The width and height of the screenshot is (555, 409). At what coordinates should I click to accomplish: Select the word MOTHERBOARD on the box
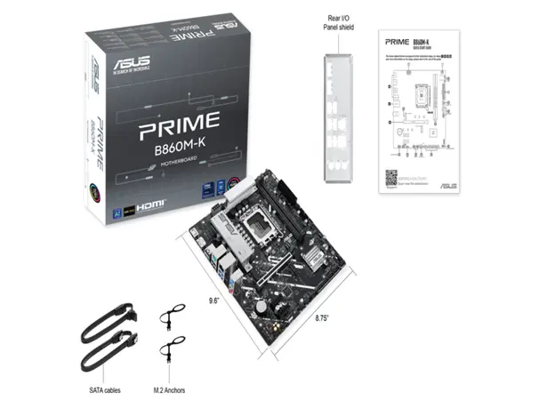point(177,163)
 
